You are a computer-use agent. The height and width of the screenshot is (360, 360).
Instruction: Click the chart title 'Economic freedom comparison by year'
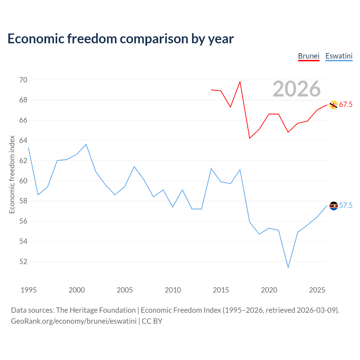point(120,39)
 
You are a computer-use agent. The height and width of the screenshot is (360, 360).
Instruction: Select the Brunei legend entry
point(309,56)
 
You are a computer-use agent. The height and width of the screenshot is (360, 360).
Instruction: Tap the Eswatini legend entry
point(339,56)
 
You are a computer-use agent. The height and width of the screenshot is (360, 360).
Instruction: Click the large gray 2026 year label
point(296,89)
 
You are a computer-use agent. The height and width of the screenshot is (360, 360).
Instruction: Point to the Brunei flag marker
point(333,105)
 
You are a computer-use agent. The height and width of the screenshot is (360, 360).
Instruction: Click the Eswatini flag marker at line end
point(333,206)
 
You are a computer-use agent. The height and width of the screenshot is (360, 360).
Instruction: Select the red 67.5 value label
point(346,105)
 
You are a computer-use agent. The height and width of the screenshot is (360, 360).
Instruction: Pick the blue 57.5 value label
point(346,206)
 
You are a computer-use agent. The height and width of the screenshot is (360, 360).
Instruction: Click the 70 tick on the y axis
point(23,80)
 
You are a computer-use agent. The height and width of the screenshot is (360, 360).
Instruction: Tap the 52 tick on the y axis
point(23,262)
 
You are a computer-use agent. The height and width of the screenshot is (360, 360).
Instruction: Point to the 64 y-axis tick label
point(23,141)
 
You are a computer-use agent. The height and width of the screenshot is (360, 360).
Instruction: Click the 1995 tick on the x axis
point(29,290)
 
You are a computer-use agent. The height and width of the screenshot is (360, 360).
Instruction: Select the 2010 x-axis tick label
point(173,290)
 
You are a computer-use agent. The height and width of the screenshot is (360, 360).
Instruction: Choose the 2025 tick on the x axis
point(317,290)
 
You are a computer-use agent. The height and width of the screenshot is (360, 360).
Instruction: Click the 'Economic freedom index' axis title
point(12,174)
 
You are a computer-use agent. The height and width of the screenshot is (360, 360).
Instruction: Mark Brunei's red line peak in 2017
point(240,82)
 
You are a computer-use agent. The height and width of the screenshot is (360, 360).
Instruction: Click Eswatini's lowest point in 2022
point(288,267)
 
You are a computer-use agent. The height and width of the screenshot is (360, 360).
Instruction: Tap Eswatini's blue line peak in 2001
point(86,144)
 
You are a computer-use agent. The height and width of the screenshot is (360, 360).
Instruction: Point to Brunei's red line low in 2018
point(249,138)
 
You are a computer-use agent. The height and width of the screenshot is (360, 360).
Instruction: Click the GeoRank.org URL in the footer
point(74,321)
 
